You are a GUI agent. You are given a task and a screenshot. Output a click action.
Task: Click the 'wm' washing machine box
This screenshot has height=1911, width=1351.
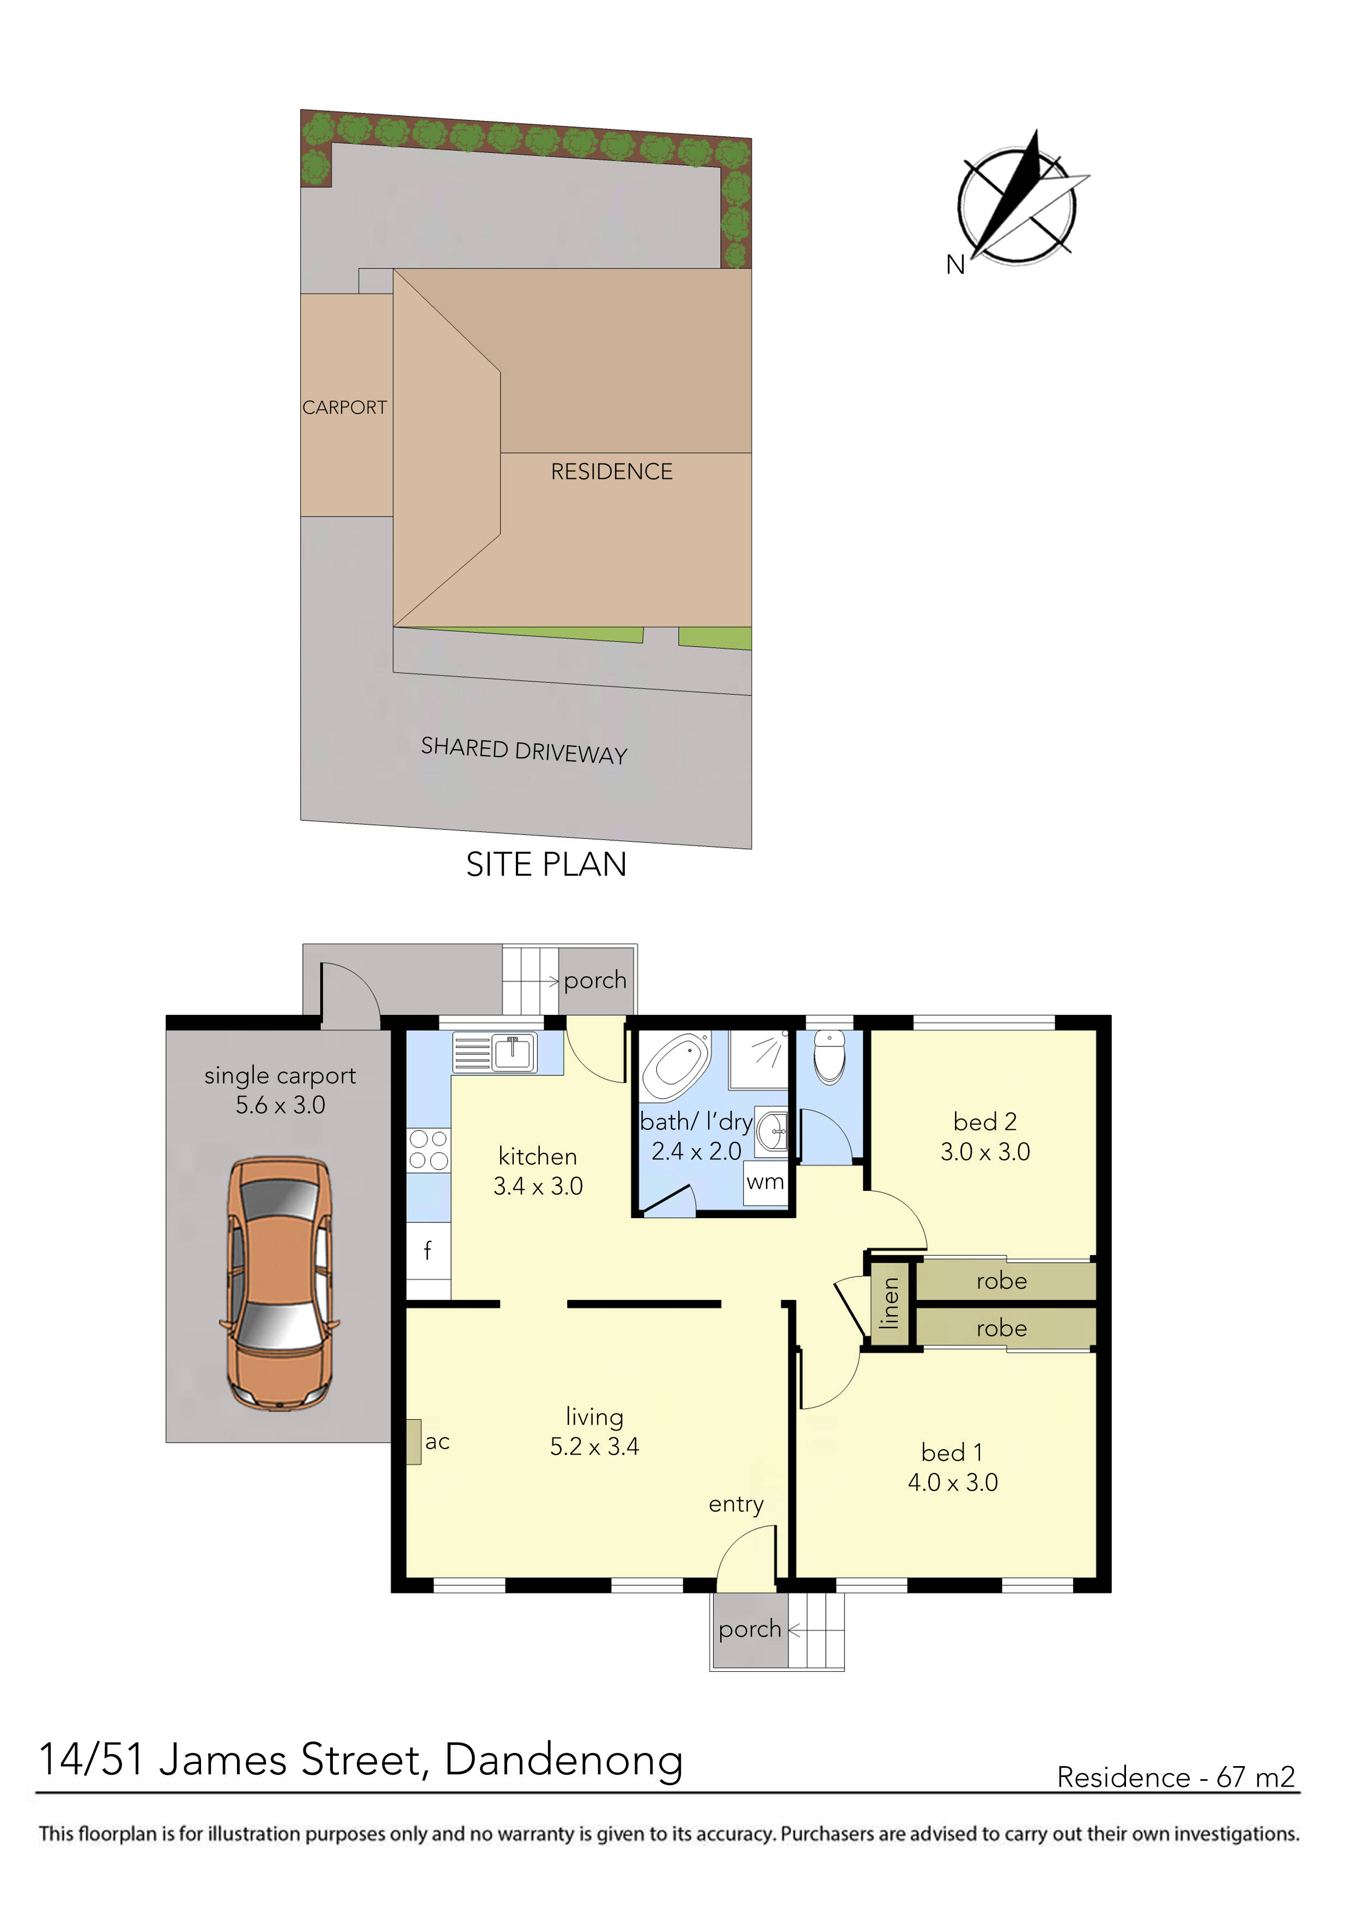[x=765, y=1183]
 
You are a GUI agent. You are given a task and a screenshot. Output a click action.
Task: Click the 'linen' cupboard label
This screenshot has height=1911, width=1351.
[x=890, y=1303]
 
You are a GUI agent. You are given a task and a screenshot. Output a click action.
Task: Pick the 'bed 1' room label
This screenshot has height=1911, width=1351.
[x=952, y=1452]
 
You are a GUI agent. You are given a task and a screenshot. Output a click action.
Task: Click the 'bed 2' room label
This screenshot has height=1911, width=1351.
[x=985, y=1122]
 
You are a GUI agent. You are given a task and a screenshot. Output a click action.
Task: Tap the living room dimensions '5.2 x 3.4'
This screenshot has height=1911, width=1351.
[x=594, y=1446]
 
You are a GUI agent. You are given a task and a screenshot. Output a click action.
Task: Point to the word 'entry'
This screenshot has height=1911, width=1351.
[x=736, y=1504]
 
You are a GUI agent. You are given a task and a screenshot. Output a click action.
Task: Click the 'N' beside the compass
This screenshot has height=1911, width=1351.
[x=955, y=265]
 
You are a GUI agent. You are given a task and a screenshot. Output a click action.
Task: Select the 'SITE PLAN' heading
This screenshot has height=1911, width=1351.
[x=546, y=865]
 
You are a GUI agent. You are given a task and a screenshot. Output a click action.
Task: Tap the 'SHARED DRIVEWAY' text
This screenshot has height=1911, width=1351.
[x=524, y=751]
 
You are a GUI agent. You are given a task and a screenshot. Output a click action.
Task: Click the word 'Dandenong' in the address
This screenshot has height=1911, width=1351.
[x=563, y=1760]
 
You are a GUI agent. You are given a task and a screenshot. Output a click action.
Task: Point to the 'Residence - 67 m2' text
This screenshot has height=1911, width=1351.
[x=1176, y=1777]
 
